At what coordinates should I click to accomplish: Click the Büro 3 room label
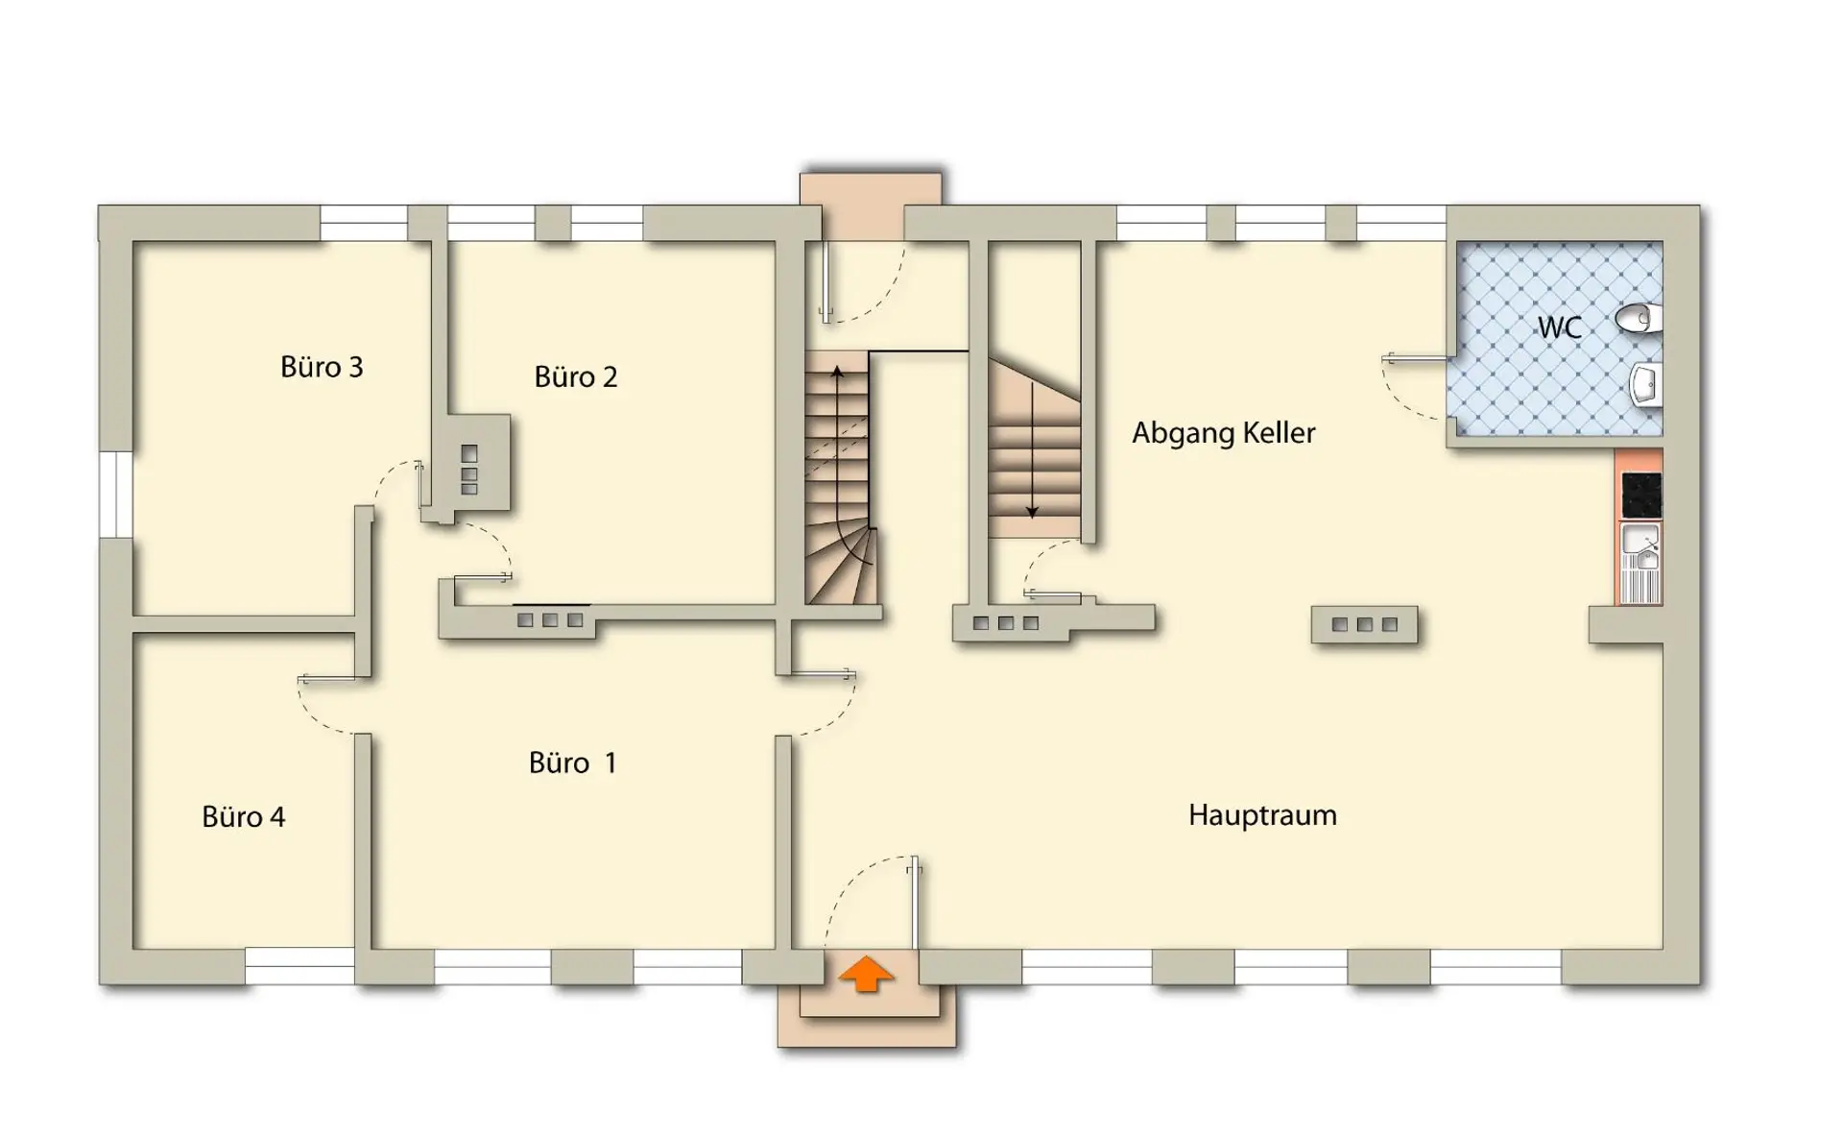[322, 367]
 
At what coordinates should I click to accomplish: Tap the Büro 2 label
[576, 377]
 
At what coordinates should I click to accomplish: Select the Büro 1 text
[573, 763]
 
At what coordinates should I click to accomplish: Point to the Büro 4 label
[244, 817]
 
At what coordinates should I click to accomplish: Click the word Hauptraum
[1262, 815]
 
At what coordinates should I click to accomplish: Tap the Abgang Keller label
[1224, 433]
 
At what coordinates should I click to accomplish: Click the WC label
[1560, 328]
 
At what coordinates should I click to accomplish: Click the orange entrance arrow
[866, 973]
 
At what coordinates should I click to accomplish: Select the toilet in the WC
[1639, 319]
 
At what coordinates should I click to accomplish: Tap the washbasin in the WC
[1645, 385]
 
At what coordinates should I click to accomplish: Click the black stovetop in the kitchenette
[1640, 496]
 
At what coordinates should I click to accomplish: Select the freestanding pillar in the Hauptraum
[1364, 624]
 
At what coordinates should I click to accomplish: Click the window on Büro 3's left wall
[115, 495]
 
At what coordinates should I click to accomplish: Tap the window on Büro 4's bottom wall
[299, 966]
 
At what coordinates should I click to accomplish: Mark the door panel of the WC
[1415, 360]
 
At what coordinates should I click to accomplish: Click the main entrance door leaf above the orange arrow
[915, 903]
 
